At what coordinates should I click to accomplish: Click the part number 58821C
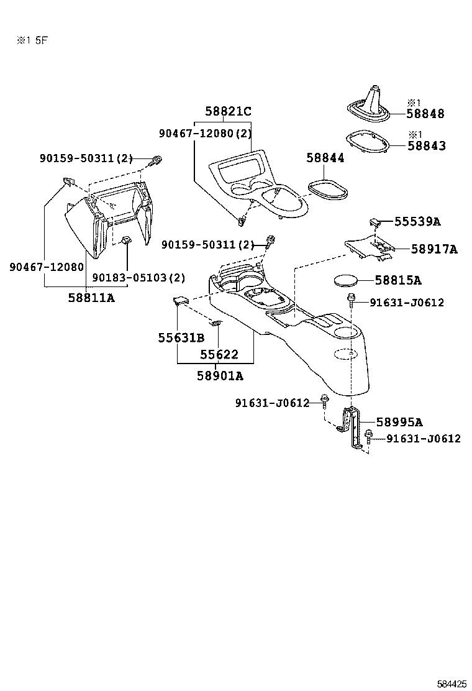point(228,112)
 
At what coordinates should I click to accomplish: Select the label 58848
point(425,114)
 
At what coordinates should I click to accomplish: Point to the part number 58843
point(426,146)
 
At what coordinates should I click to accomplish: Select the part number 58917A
point(433,249)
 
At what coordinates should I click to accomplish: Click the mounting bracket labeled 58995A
point(353,427)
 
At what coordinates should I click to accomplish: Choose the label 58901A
point(220,375)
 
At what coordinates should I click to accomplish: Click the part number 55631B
point(181,338)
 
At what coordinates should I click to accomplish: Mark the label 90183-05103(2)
point(138,277)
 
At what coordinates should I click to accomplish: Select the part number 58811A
point(91,298)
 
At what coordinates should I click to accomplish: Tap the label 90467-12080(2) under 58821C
point(205,134)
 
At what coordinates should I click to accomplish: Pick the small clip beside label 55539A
point(375,221)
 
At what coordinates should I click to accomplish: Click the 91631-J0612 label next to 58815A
point(406,303)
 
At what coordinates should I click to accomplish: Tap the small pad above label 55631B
point(181,301)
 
